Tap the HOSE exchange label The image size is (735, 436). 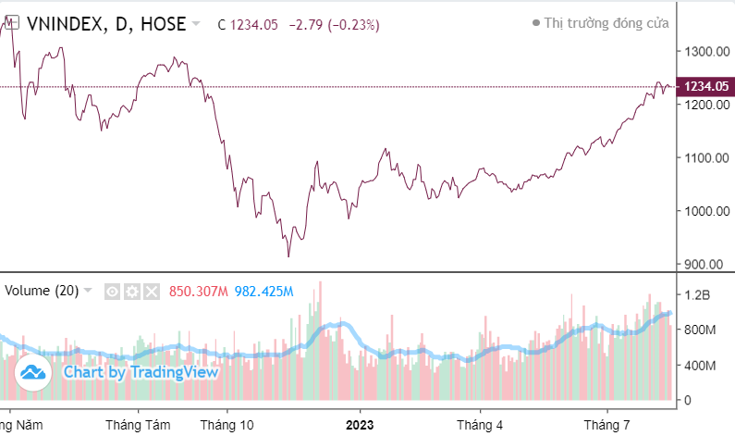click(x=160, y=24)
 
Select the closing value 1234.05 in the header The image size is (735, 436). click(x=252, y=25)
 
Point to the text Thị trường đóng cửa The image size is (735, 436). click(x=606, y=24)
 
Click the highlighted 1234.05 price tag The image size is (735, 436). click(x=705, y=87)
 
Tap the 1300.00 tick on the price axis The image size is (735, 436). click(x=704, y=52)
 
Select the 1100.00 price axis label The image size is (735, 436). click(x=704, y=158)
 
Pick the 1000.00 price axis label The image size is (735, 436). click(x=704, y=211)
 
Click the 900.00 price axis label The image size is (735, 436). click(x=704, y=264)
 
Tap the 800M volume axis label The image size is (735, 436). click(x=700, y=330)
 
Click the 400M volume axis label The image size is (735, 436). click(x=700, y=366)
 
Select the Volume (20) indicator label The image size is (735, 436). click(x=42, y=291)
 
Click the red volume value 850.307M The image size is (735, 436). click(x=198, y=292)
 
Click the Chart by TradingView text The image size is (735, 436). click(x=141, y=372)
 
